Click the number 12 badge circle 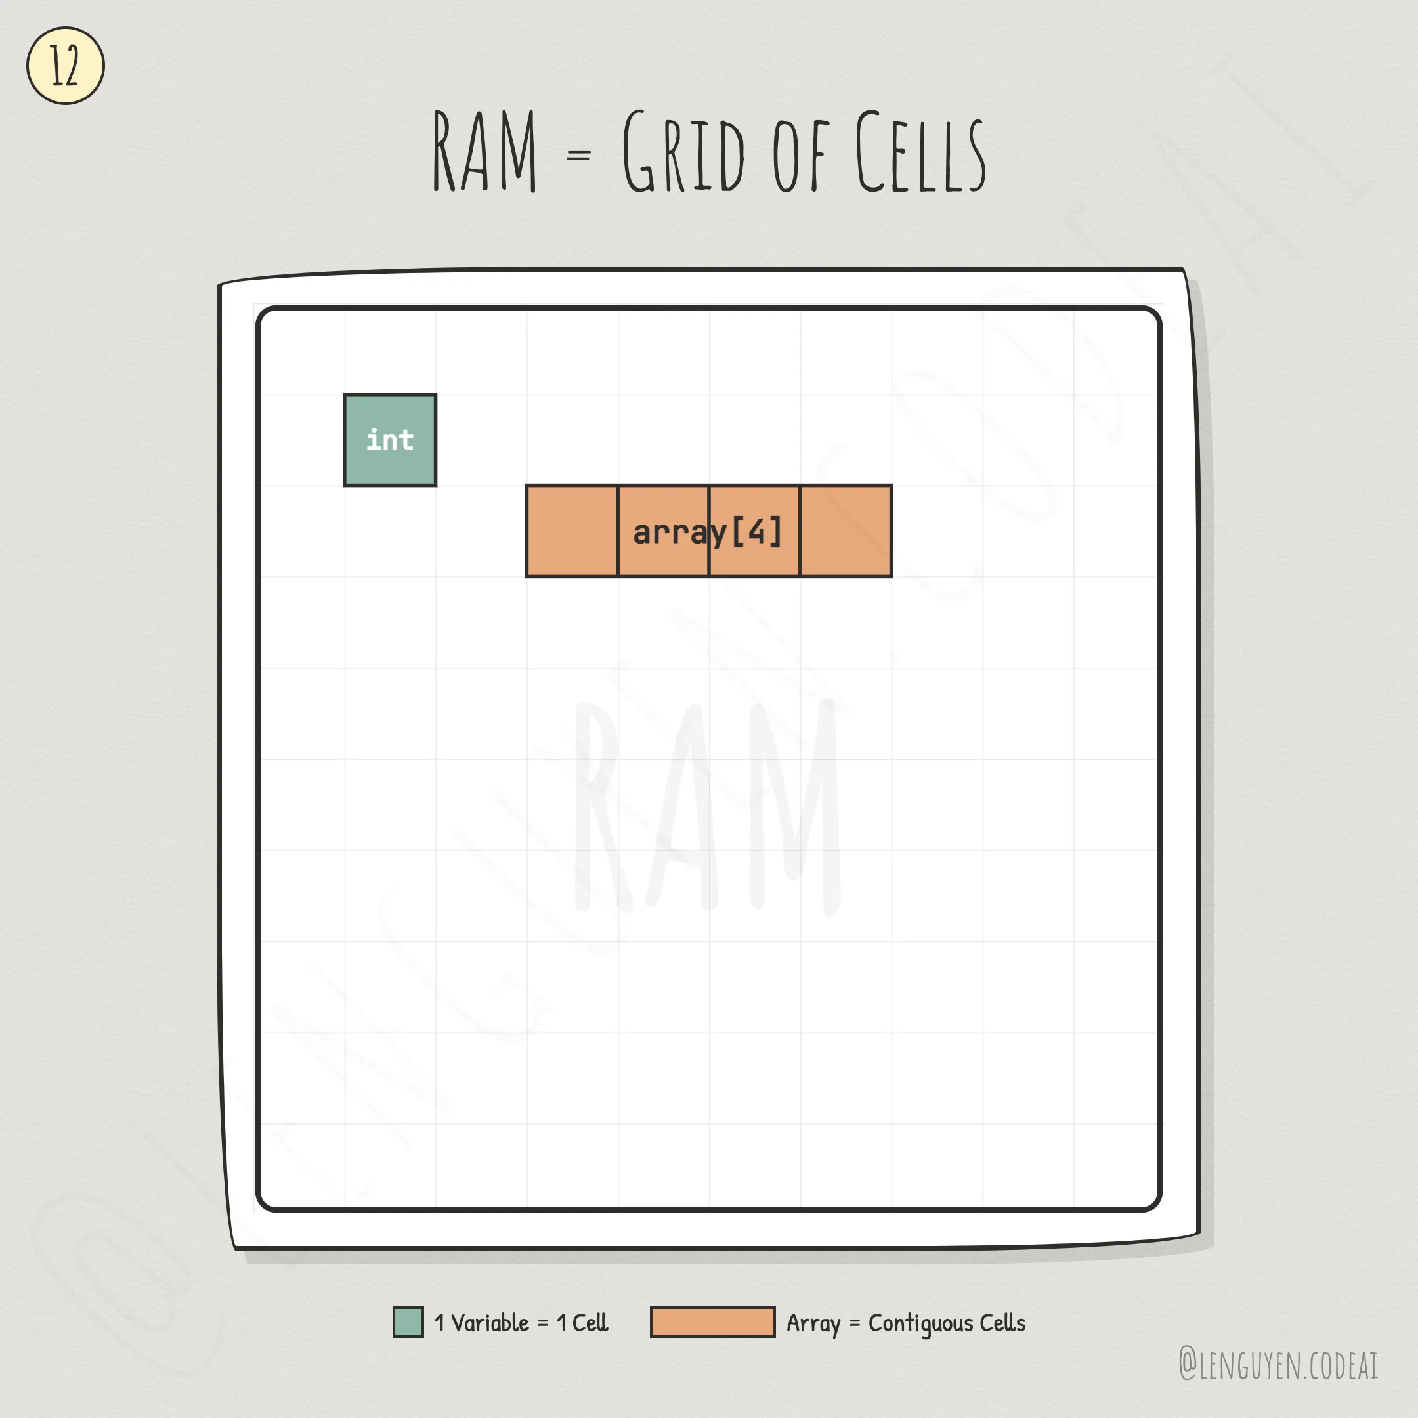point(66,66)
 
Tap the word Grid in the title point(683,152)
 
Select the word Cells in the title point(920,152)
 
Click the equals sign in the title point(578,156)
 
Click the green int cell point(390,440)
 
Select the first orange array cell point(572,530)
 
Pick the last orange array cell point(846,530)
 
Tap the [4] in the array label point(757,530)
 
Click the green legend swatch point(408,1322)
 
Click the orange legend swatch point(712,1322)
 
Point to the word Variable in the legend point(490,1323)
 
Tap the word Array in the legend point(813,1323)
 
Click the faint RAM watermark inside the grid point(706,807)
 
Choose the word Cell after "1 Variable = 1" point(590,1323)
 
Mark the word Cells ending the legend point(1002,1323)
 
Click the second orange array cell point(663,530)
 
